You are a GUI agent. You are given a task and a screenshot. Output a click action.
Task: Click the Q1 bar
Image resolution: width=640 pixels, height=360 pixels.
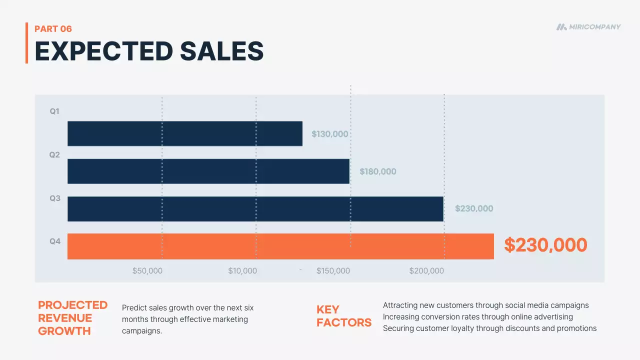(x=184, y=133)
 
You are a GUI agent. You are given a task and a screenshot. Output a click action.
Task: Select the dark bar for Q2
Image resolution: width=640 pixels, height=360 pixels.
(x=208, y=171)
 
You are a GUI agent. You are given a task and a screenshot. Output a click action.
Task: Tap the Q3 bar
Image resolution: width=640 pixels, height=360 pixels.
(x=255, y=208)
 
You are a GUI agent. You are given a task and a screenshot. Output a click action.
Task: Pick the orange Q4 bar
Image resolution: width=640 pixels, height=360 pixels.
(x=280, y=246)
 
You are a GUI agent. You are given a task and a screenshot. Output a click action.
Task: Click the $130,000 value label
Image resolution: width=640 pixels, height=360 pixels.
(x=329, y=134)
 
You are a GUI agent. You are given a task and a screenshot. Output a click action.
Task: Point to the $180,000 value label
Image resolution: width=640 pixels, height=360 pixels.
(x=377, y=171)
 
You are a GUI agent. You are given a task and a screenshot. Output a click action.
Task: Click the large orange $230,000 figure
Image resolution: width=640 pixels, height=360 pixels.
(x=545, y=245)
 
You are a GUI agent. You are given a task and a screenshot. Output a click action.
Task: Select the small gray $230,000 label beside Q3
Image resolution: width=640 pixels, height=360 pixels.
(x=473, y=208)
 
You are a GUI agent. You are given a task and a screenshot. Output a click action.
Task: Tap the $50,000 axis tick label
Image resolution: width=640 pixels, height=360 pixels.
(x=147, y=271)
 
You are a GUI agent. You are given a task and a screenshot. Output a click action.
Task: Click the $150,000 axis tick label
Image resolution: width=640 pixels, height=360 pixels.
(x=333, y=271)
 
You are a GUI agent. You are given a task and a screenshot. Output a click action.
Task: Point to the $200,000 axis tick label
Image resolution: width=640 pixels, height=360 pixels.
(x=426, y=271)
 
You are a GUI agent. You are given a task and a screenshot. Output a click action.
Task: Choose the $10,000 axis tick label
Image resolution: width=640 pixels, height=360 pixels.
(x=242, y=271)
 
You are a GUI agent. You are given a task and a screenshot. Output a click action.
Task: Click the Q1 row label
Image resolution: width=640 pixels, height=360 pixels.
(x=54, y=111)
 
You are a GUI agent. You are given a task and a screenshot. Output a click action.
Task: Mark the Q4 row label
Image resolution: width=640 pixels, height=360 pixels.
(x=54, y=241)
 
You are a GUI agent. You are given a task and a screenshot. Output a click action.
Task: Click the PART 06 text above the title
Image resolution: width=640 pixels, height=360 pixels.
(x=53, y=29)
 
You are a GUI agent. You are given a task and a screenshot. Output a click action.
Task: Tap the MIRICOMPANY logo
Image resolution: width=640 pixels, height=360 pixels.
(x=588, y=27)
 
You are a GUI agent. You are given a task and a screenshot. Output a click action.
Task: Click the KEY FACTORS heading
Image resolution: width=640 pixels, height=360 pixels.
(x=343, y=316)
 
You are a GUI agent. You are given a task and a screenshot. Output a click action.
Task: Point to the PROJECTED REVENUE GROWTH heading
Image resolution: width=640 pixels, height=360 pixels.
(x=72, y=318)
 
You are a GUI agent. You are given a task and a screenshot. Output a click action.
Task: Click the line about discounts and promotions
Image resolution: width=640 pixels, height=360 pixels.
(x=489, y=328)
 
